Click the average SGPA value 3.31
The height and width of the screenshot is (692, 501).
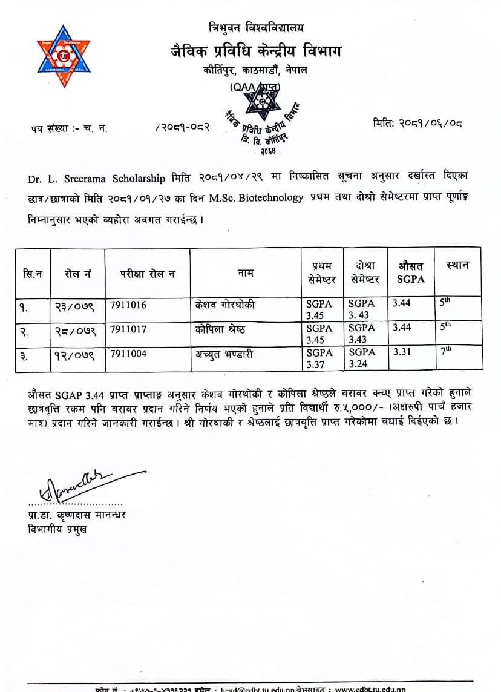pyautogui.click(x=401, y=352)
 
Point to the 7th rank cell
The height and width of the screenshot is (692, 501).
pyautogui.click(x=447, y=351)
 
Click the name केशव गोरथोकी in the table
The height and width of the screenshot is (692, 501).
pyautogui.click(x=226, y=305)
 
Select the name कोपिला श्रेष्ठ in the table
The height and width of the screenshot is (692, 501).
pyautogui.click(x=222, y=329)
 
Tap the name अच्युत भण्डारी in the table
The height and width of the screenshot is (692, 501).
pyautogui.click(x=226, y=354)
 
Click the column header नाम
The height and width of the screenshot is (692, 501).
pyautogui.click(x=246, y=273)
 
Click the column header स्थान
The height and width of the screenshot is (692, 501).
pyautogui.click(x=457, y=265)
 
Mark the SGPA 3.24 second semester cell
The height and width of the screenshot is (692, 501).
pyautogui.click(x=362, y=358)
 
